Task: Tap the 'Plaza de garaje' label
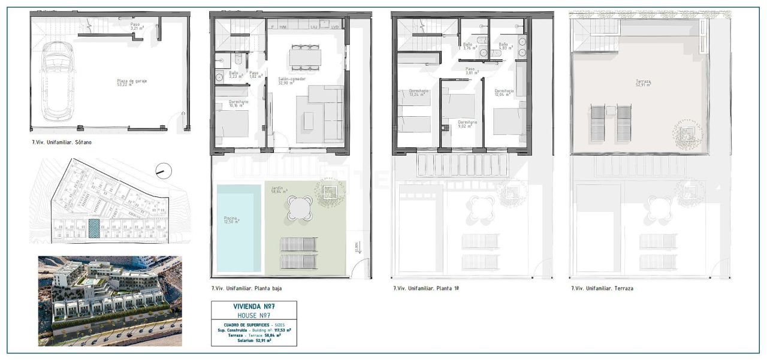(132, 83)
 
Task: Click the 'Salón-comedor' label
(292, 81)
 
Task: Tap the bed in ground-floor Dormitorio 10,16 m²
(232, 124)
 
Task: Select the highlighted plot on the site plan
(94, 228)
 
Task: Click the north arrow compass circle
(163, 171)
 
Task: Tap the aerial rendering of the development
(110, 301)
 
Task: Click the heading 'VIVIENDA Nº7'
(253, 306)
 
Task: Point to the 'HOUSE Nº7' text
(253, 315)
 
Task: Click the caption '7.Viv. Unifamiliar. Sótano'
(62, 143)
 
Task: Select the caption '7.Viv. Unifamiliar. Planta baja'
(247, 288)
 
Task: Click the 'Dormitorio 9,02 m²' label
(467, 124)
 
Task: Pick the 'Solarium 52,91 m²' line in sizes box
(253, 341)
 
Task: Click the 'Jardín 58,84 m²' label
(279, 190)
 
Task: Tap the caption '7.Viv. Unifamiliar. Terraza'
(602, 288)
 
